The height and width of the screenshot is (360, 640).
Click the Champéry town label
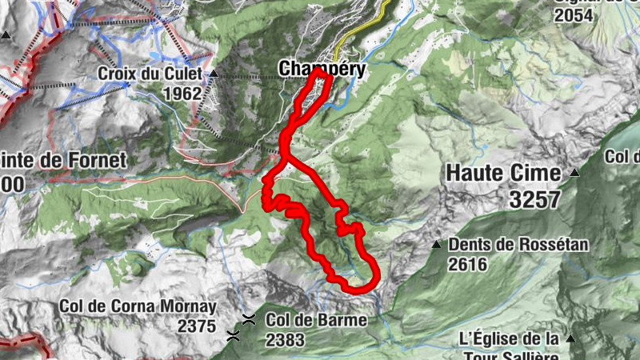pos(322,70)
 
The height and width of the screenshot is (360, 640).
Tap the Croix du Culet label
pos(152,74)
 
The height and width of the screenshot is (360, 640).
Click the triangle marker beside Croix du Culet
pos(214,74)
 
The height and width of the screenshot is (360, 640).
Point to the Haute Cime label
pos(503,172)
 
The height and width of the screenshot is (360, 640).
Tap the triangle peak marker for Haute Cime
pos(574,172)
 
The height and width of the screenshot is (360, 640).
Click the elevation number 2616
pos(468,264)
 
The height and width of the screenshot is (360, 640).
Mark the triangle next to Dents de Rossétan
pos(436,245)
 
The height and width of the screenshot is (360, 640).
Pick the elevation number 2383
pos(286,339)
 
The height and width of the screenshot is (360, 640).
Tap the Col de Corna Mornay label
pos(138,306)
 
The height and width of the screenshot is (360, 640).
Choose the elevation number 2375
pos(198,326)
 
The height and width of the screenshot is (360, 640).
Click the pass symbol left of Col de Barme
pos(250,319)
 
